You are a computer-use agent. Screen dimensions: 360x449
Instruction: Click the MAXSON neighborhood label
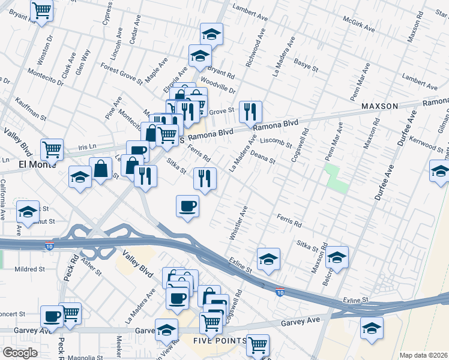379,106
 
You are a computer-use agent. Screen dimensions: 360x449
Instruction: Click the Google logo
20,353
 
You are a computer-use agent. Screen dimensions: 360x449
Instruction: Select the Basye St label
306,64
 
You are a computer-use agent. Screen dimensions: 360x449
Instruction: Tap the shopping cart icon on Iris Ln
52,149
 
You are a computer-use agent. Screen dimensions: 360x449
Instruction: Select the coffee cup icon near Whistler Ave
187,206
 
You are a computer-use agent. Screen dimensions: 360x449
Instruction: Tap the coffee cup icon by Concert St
52,316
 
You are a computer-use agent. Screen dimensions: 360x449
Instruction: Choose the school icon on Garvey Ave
166,329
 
